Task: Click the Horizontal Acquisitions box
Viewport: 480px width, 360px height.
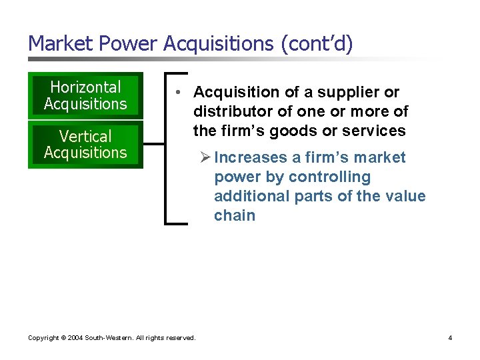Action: (85, 95)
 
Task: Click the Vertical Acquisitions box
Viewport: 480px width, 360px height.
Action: (85, 144)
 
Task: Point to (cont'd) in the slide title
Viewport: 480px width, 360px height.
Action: (317, 43)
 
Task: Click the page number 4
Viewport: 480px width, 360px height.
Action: (450, 338)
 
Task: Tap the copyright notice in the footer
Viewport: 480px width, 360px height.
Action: (111, 338)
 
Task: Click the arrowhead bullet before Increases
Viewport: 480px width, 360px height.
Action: (205, 157)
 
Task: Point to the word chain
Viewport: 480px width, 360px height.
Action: (234, 215)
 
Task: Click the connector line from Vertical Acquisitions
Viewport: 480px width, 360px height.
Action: (154, 143)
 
